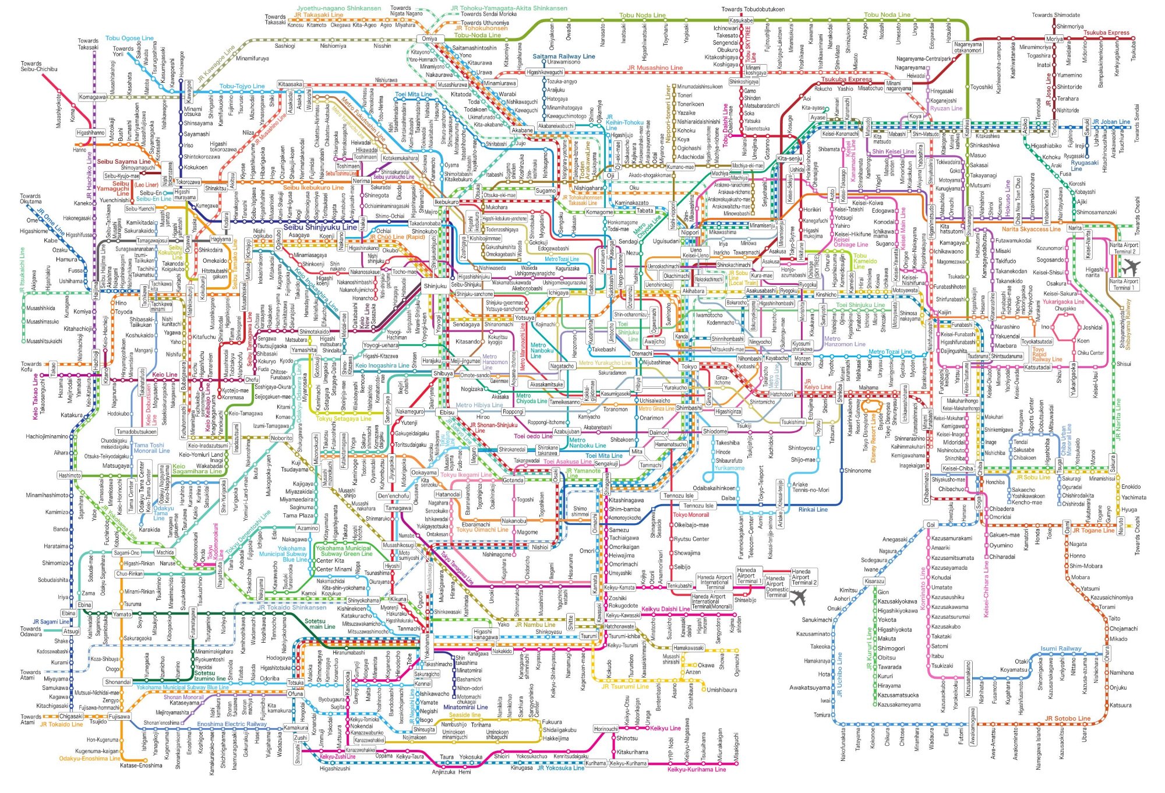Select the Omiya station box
[429, 39]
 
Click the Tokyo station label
[689, 366]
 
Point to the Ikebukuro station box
[447, 202]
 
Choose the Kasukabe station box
[741, 20]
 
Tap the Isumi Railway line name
[1061, 649]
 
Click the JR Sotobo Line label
[1067, 718]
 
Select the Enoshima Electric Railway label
[231, 724]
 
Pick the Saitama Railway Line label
[564, 57]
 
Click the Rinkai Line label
[813, 509]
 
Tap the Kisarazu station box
[874, 581]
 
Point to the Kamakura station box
[296, 728]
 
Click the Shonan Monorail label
[183, 697]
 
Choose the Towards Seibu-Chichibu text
[39, 66]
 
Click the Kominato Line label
[923, 588]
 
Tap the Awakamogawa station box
[972, 726]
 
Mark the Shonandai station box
[118, 682]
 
